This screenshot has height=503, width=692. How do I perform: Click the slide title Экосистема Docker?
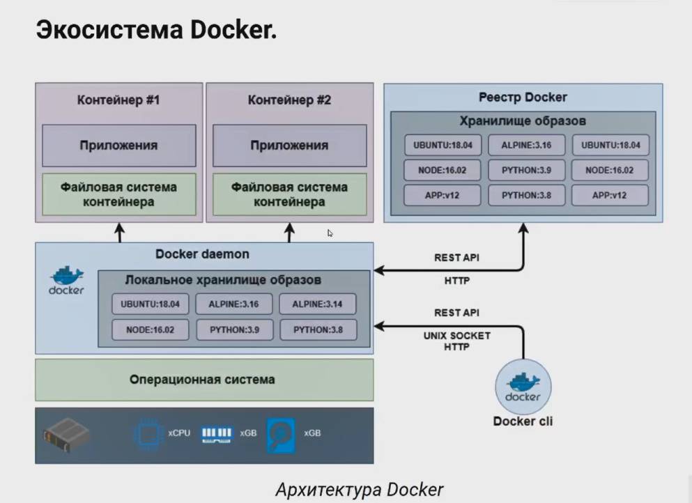pos(156,31)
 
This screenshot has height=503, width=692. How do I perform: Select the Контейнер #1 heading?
pos(118,100)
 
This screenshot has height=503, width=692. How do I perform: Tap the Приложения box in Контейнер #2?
pos(289,146)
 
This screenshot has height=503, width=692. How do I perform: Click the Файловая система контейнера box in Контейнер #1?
pos(118,194)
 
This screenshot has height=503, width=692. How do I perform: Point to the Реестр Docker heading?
pos(523,97)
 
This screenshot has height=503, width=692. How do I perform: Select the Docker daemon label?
pos(202,254)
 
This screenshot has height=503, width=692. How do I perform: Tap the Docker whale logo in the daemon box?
pos(66,279)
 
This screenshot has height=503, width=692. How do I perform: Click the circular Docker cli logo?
pos(523,387)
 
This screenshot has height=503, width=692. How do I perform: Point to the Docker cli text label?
pos(523,421)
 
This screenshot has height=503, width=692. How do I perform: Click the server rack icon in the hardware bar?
pos(67,435)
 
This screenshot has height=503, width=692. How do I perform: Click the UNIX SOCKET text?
pos(456,336)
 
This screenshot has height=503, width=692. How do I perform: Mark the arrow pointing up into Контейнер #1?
pos(119,232)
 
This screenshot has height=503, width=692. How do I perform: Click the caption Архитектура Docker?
pos(359,490)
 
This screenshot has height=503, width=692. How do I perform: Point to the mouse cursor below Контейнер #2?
pos(330,233)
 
